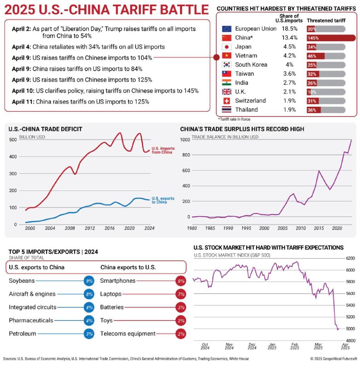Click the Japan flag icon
[x=226, y=47]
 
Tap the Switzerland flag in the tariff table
[x=226, y=101]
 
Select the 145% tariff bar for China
[x=331, y=38]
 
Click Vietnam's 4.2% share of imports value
[x=289, y=56]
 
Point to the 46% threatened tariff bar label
[x=312, y=56]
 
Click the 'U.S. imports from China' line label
[x=163, y=150]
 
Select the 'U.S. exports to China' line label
[x=163, y=200]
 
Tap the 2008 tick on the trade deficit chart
[x=70, y=228]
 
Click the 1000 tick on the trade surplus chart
[x=185, y=140]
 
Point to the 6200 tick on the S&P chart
[x=350, y=258]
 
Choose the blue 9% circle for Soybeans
[x=89, y=281]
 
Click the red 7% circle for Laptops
[x=181, y=294]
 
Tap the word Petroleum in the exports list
[x=23, y=333]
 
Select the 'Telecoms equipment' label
[x=128, y=334]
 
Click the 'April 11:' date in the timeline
[x=23, y=102]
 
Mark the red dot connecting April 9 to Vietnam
[x=216, y=57]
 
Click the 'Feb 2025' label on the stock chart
[x=295, y=346]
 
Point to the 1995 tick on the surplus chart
[x=246, y=228]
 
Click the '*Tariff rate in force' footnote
[x=234, y=119]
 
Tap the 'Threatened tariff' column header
[x=326, y=20]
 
